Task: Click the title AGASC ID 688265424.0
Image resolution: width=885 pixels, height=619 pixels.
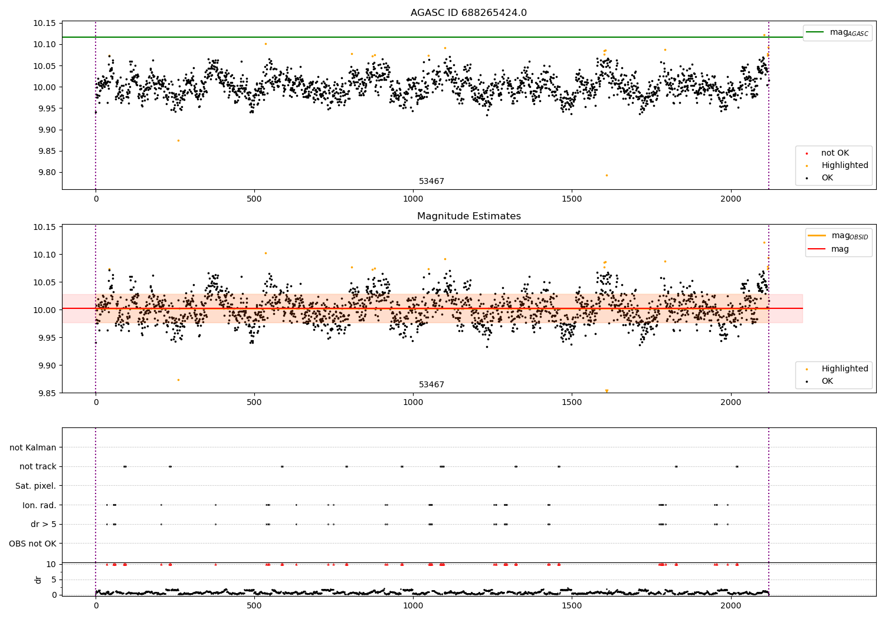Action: pyautogui.click(x=468, y=13)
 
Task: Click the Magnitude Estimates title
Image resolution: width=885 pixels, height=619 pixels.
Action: pyautogui.click(x=468, y=216)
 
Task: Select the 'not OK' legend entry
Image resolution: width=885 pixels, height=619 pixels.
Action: pyautogui.click(x=834, y=153)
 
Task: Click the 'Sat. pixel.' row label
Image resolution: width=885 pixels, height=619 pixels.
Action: pyautogui.click(x=36, y=486)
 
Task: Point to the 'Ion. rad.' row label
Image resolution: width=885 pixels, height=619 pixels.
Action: pyautogui.click(x=40, y=505)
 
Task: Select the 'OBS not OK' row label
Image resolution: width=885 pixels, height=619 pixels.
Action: pyautogui.click(x=33, y=544)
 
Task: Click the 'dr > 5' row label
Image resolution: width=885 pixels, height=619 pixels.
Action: pyautogui.click(x=44, y=524)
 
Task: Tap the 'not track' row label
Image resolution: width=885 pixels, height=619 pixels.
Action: pyautogui.click(x=38, y=466)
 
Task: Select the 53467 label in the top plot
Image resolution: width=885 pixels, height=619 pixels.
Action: pyautogui.click(x=431, y=182)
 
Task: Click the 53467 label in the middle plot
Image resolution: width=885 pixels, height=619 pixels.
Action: pyautogui.click(x=431, y=385)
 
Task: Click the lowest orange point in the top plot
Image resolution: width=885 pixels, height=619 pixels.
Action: pyautogui.click(x=607, y=175)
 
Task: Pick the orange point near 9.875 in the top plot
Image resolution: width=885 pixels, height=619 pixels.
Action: pyautogui.click(x=178, y=140)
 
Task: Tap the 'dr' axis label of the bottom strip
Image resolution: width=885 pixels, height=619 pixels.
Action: pyautogui.click(x=38, y=580)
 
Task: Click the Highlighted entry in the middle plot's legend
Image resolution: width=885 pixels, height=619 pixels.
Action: pyautogui.click(x=844, y=369)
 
